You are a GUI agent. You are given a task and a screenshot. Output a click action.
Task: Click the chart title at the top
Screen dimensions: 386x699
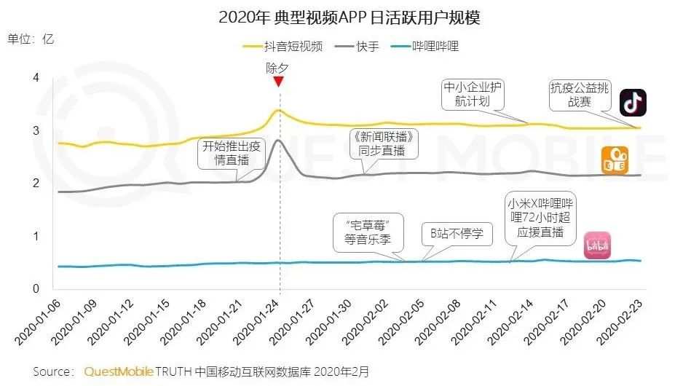tap(349, 17)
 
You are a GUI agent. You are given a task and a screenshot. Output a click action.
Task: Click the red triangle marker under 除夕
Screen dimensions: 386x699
tap(277, 82)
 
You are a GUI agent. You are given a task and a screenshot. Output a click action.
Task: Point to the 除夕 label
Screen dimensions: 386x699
tap(277, 68)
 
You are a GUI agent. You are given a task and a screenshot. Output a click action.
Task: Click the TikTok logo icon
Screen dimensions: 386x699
tap(633, 103)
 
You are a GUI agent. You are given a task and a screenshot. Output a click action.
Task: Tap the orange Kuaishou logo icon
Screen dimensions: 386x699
tap(613, 161)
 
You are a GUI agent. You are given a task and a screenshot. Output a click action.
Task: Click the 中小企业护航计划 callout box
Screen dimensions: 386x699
tap(474, 95)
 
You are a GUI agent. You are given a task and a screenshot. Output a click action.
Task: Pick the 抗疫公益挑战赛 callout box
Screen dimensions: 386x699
tap(580, 95)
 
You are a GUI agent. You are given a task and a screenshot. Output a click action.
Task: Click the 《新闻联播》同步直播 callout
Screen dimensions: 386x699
tap(386, 144)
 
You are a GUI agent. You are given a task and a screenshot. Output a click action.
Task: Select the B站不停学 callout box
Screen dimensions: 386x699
tap(457, 235)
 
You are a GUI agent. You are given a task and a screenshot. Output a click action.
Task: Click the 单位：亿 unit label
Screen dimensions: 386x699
tap(31, 38)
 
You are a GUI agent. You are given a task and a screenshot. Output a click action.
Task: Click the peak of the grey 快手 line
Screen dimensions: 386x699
tap(277, 140)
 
